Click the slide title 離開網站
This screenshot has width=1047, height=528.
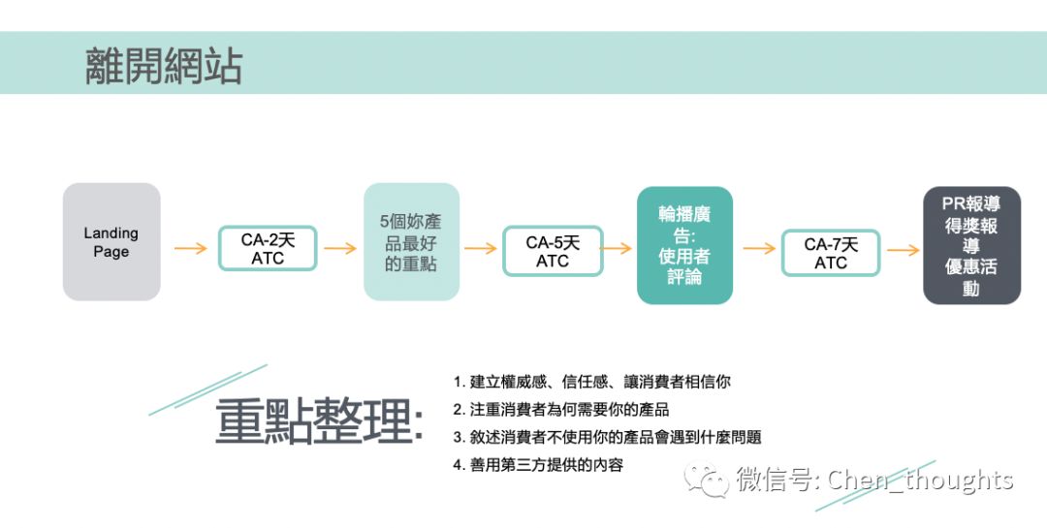[x=164, y=67]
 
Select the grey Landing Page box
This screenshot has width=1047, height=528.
[x=111, y=242]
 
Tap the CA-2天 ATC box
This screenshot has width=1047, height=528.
[x=267, y=249]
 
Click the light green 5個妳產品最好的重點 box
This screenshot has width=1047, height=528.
[x=411, y=242]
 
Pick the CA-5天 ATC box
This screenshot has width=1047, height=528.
[x=553, y=251]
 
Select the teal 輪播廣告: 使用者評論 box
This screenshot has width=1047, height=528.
[x=684, y=246]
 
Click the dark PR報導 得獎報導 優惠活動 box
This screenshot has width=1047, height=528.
[x=971, y=246]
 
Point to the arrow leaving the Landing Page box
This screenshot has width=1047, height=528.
[x=190, y=248]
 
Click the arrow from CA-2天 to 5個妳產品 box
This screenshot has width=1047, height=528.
[x=340, y=248]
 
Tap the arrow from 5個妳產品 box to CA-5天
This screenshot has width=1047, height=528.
[x=481, y=248]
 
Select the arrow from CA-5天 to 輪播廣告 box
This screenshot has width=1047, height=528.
[x=618, y=248]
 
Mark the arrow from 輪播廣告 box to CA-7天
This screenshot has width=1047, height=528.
[x=759, y=248]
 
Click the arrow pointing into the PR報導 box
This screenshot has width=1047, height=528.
[x=903, y=250]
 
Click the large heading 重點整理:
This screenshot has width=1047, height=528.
[x=319, y=421]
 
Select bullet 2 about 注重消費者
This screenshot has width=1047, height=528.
[x=561, y=410]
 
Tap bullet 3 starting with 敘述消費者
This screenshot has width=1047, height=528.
[x=607, y=437]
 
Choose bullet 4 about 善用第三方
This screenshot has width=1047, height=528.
[x=538, y=465]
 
